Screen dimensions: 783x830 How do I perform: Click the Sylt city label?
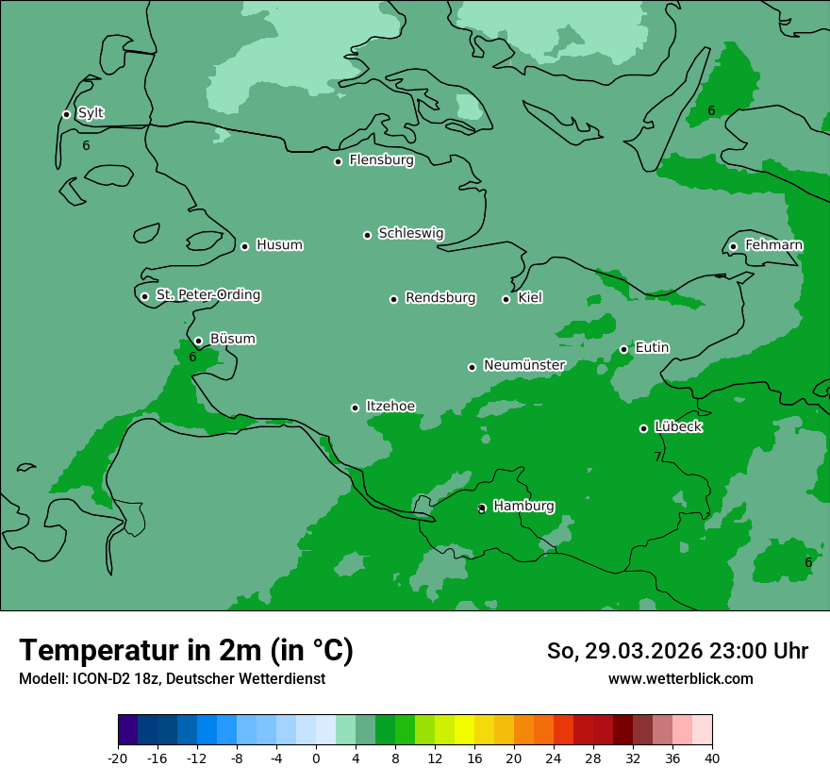pyautogui.click(x=91, y=113)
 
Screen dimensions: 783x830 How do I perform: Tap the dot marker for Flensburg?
pyautogui.click(x=338, y=161)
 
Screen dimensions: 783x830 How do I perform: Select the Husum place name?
pyautogui.click(x=279, y=245)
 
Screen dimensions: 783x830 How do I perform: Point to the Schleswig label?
pyautogui.click(x=410, y=233)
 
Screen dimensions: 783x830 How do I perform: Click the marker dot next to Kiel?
pyautogui.click(x=506, y=299)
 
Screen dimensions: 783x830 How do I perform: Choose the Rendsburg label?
pyautogui.click(x=440, y=298)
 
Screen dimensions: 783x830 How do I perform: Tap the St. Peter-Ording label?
pyautogui.click(x=207, y=294)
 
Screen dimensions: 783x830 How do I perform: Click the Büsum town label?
pyautogui.click(x=232, y=339)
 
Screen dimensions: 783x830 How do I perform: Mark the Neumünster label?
pyautogui.click(x=523, y=365)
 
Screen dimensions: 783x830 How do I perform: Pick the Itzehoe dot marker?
pyautogui.click(x=355, y=408)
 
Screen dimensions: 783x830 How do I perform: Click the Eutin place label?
pyautogui.click(x=652, y=347)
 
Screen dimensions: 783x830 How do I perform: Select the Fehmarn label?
pyautogui.click(x=773, y=245)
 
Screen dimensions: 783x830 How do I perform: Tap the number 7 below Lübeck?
pyautogui.click(x=657, y=458)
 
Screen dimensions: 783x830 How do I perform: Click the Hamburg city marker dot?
pyautogui.click(x=482, y=508)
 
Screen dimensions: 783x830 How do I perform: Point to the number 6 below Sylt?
pyautogui.click(x=86, y=145)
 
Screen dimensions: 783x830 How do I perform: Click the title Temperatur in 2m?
pyautogui.click(x=186, y=650)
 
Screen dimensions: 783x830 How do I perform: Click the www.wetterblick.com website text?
pyautogui.click(x=680, y=678)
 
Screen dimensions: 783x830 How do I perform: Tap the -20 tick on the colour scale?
pyautogui.click(x=118, y=758)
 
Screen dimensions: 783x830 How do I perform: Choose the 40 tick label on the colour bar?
pyautogui.click(x=712, y=758)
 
